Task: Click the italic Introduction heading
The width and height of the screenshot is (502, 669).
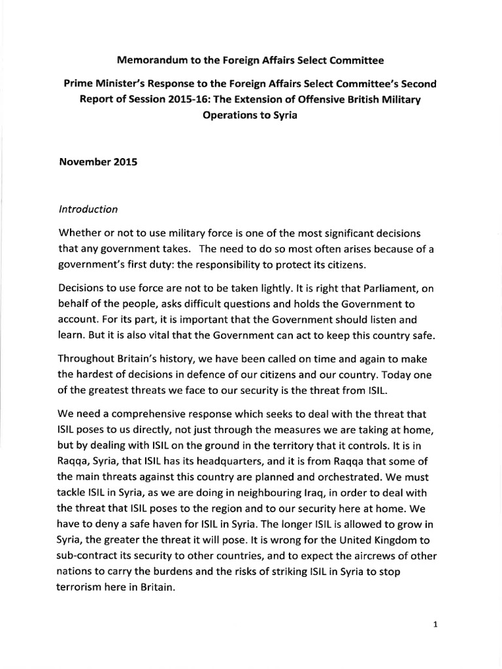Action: [x=88, y=210]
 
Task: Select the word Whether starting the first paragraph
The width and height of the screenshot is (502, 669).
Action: [x=80, y=234]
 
